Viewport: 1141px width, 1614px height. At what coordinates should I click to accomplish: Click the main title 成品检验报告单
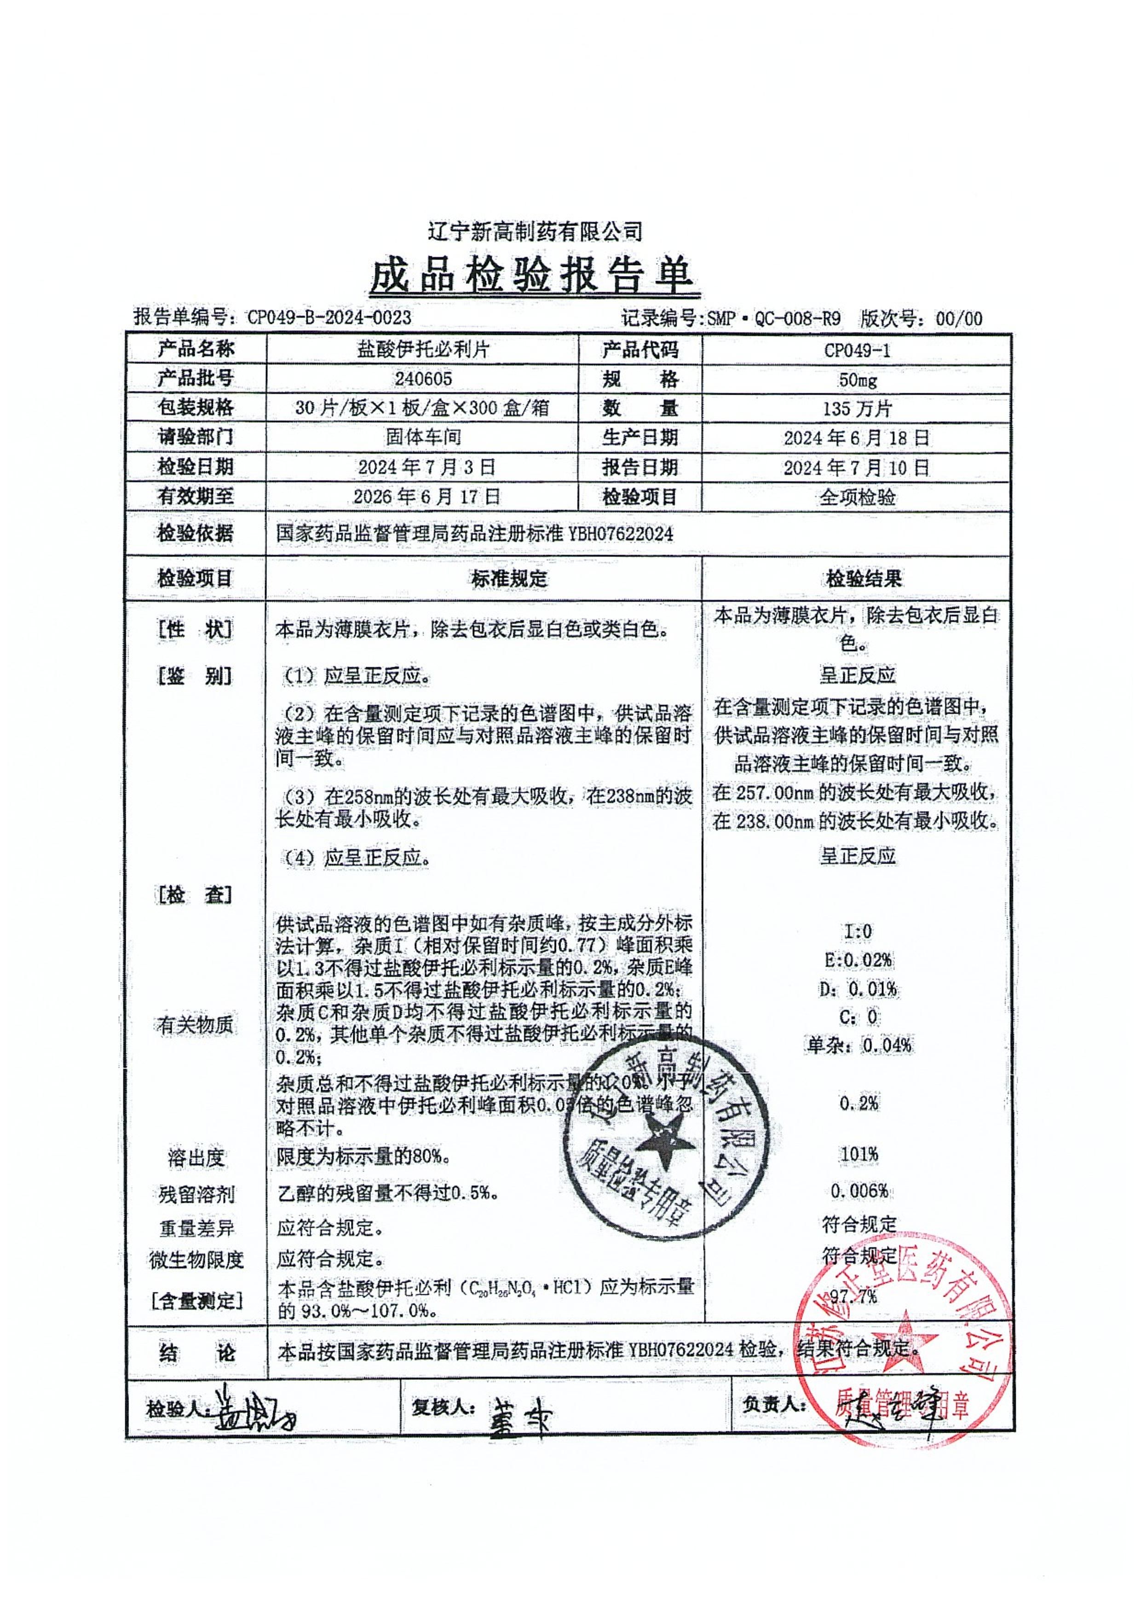pos(534,276)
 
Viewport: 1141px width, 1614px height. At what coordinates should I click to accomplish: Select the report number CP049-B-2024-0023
pos(329,318)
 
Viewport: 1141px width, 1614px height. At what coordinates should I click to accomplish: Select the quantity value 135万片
pos(857,409)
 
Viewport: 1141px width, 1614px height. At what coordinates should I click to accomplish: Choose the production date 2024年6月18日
pos(857,438)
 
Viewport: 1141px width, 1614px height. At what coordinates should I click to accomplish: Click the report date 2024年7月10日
pos(857,467)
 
